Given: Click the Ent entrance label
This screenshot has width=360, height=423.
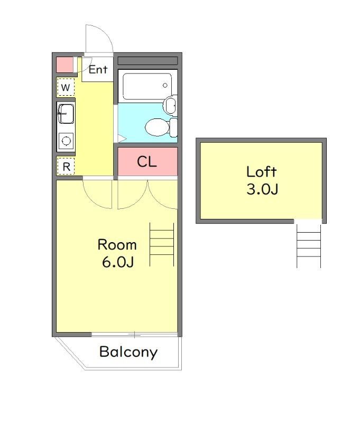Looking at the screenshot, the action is [x=98, y=70].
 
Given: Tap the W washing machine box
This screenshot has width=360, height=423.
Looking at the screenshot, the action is [x=66, y=87].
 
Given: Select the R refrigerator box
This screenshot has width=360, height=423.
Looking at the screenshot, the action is [x=66, y=166].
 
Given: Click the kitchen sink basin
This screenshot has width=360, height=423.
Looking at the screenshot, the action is [x=66, y=114].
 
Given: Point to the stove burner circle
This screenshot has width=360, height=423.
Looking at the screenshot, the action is [x=66, y=141].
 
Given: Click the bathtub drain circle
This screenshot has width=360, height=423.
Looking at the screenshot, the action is [x=165, y=86].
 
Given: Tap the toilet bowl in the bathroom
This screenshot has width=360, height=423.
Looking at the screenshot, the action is [x=156, y=127].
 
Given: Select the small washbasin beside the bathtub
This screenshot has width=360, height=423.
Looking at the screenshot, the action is [x=170, y=105].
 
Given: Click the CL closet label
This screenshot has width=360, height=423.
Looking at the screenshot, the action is [x=147, y=162].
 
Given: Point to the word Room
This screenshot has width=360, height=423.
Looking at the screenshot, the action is [x=117, y=245].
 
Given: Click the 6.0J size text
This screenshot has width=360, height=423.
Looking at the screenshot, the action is [x=117, y=262].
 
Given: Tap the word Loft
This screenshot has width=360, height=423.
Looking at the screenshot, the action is [x=261, y=172].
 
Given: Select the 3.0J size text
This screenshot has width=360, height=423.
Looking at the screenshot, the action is [x=262, y=189].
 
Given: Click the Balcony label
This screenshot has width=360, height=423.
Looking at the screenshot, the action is [x=128, y=352].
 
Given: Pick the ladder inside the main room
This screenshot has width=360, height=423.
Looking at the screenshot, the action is [x=162, y=244].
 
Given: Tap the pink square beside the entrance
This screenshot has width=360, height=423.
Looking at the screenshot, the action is [x=64, y=65].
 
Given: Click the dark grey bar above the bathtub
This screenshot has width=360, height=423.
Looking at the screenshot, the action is [x=148, y=61].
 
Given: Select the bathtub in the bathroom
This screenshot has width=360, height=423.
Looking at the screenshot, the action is [x=147, y=86].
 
